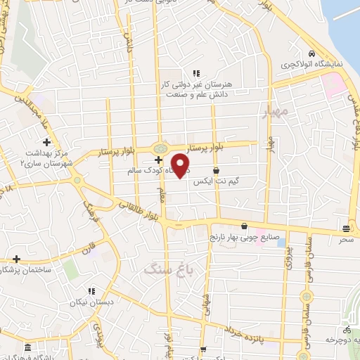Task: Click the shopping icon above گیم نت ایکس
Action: coord(215,171)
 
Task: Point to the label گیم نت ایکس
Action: coord(217,182)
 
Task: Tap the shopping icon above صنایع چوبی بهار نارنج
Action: coord(244,226)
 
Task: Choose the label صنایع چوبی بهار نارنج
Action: coord(245,238)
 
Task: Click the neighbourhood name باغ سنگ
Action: coord(163,269)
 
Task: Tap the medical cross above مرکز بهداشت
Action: coord(46,143)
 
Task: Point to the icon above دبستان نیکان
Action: coord(91,290)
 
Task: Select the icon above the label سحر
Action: coord(345,229)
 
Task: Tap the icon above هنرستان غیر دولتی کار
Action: coord(196,72)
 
